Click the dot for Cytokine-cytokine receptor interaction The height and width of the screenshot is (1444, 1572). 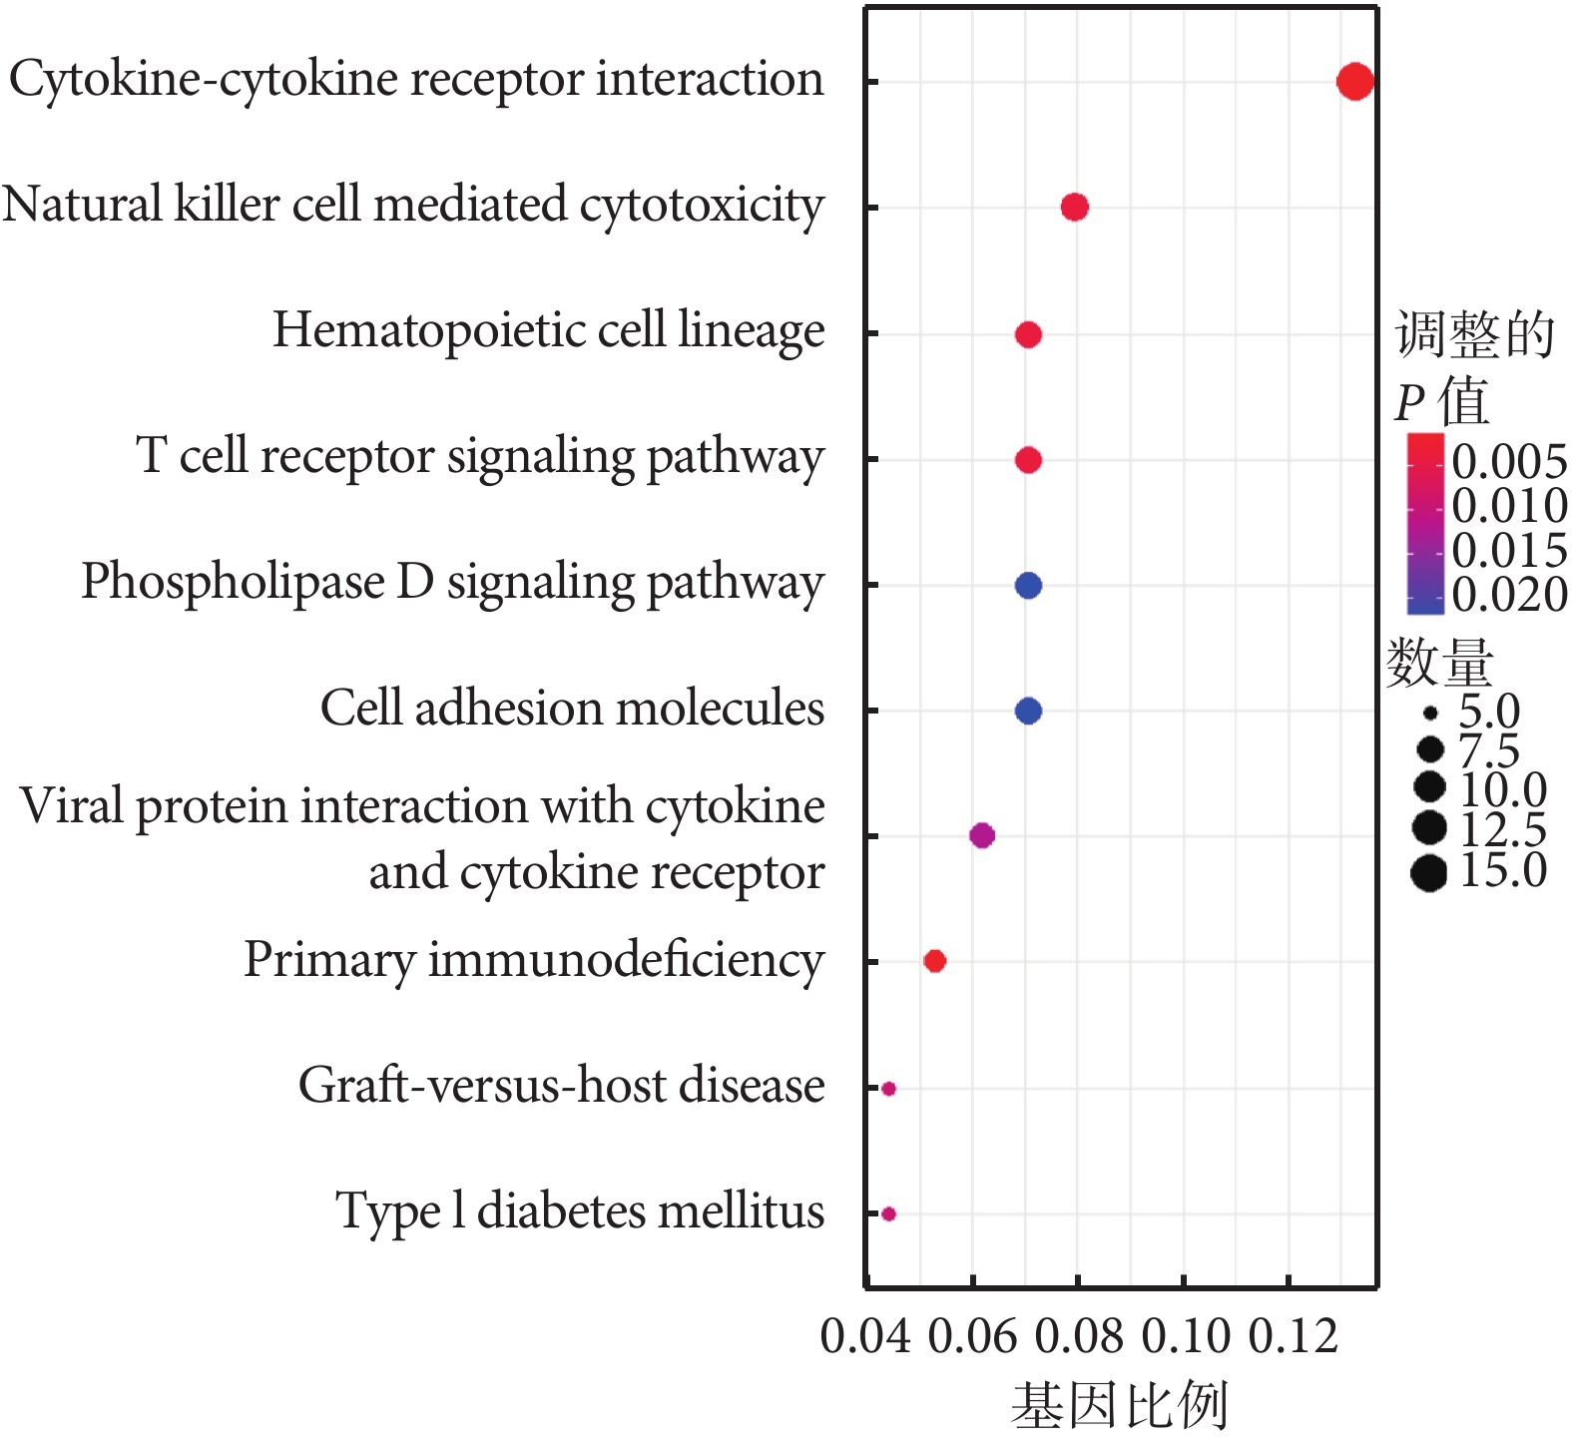1354,81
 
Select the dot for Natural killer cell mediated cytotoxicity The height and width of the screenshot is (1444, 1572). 1074,207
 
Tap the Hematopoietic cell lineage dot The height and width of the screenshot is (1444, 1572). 1028,334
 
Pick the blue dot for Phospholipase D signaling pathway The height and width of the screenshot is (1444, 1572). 1028,585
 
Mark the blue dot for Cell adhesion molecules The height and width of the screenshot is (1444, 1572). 1028,711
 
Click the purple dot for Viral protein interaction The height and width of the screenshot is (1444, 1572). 982,835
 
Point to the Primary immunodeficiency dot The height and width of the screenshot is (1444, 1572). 934,961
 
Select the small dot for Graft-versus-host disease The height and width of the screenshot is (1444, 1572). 888,1088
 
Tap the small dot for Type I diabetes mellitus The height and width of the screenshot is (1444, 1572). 888,1213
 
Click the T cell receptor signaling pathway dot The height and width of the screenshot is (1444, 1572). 1028,460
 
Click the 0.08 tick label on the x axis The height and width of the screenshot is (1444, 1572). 1078,1336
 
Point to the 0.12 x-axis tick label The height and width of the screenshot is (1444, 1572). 1293,1336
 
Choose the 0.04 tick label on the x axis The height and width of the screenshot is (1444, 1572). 865,1336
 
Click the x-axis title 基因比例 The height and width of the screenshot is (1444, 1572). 1119,1406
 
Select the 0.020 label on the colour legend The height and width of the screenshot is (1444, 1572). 1509,595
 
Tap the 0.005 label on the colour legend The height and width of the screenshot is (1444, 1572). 1509,461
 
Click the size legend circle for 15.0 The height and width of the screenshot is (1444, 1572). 1429,873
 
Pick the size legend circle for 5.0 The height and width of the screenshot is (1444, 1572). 1430,713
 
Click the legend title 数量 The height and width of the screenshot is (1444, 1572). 1439,663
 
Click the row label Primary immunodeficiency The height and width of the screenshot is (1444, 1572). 534,961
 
